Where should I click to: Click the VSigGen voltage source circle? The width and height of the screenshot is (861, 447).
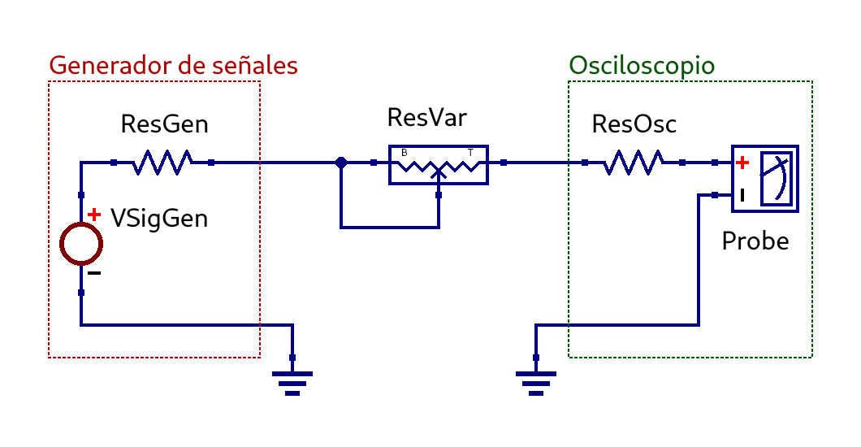click(x=81, y=244)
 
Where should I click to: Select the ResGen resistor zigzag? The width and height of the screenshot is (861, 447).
click(x=162, y=163)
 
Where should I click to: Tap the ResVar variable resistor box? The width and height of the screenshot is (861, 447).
click(x=439, y=165)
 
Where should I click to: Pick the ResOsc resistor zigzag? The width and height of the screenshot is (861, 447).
click(x=633, y=163)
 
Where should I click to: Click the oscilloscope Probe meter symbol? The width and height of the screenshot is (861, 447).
click(x=765, y=179)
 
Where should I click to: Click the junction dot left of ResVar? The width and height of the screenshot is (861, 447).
click(x=341, y=163)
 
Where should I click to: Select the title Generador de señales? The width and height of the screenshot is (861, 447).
click(x=174, y=65)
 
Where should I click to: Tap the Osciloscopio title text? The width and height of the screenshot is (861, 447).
click(x=642, y=65)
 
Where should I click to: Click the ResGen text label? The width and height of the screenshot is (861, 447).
click(x=164, y=124)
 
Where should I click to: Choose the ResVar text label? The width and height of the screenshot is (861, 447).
click(x=427, y=118)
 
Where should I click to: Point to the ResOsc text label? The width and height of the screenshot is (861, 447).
click(x=634, y=124)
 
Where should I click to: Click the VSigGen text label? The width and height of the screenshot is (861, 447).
click(x=159, y=218)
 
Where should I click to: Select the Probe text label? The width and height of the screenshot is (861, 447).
click(x=755, y=241)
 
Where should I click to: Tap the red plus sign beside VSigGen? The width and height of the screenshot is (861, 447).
click(x=94, y=215)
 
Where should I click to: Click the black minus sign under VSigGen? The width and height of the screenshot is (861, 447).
click(x=94, y=273)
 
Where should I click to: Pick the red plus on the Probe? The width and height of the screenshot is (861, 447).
click(x=742, y=163)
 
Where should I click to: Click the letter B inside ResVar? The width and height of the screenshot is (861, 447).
click(x=405, y=153)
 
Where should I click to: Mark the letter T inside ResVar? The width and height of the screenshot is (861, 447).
click(x=470, y=153)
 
